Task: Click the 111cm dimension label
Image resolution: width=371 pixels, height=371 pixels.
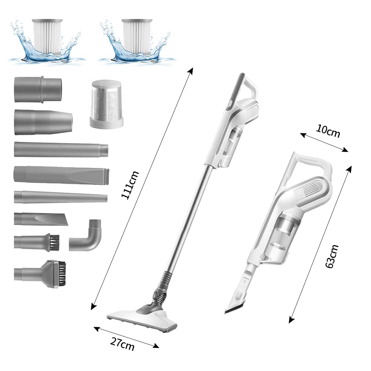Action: tap(130, 185)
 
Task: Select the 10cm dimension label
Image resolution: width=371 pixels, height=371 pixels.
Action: tap(328, 131)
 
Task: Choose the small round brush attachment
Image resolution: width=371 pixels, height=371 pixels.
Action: tap(37, 242)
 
